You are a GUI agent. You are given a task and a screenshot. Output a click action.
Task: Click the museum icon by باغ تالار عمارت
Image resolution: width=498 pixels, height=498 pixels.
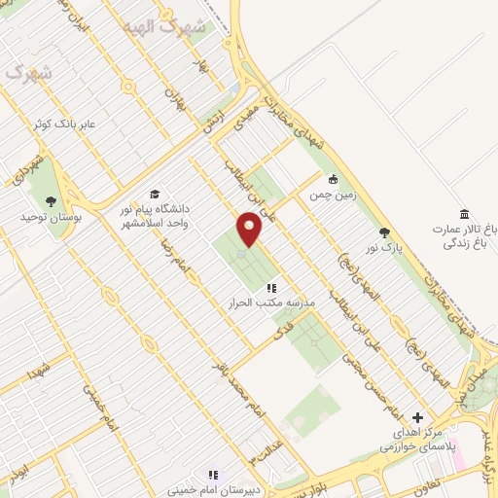coord(463,214)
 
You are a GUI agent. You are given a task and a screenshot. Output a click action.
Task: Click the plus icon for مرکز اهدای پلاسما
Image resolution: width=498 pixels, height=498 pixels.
coord(418,416)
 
